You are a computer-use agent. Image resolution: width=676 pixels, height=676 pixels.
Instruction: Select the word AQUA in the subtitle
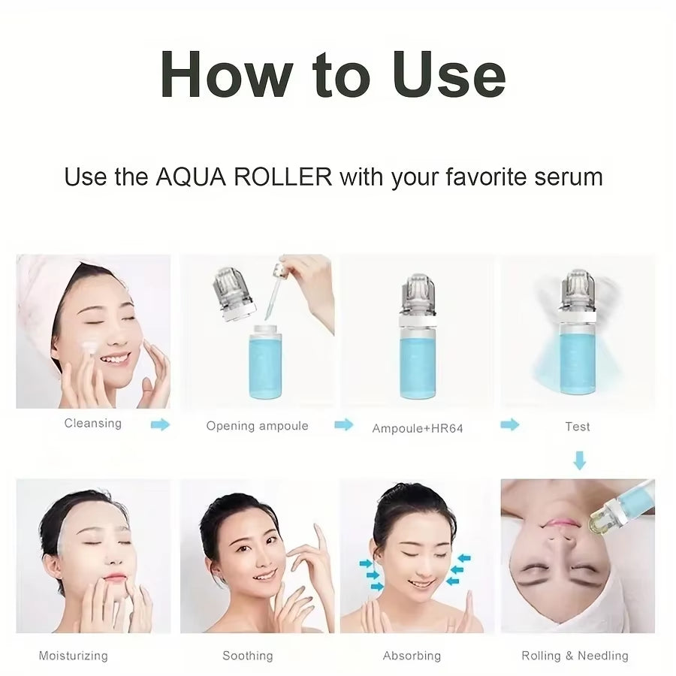(x=192, y=177)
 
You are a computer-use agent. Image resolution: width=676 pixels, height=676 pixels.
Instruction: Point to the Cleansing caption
(x=92, y=423)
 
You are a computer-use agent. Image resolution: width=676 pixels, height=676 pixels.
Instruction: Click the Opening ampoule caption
(x=257, y=426)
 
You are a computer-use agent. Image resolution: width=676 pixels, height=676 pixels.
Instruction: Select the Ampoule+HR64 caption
(x=418, y=428)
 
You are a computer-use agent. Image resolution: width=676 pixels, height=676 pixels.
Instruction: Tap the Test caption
(x=577, y=426)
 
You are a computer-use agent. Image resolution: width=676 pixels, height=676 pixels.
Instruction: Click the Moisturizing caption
(x=73, y=656)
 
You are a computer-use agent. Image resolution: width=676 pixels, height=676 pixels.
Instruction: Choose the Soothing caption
(x=247, y=656)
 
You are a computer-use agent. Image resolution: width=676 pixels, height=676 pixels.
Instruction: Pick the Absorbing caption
(x=412, y=656)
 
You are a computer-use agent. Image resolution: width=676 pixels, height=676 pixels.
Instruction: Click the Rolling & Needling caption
(x=575, y=656)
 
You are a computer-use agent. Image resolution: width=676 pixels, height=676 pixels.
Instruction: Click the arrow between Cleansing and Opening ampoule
(x=160, y=424)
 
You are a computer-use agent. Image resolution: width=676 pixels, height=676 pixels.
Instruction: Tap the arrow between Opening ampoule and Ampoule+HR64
(x=343, y=424)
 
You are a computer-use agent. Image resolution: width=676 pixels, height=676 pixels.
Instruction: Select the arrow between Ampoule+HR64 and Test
(x=510, y=424)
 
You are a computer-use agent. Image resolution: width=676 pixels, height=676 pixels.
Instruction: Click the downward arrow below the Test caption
(x=579, y=460)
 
